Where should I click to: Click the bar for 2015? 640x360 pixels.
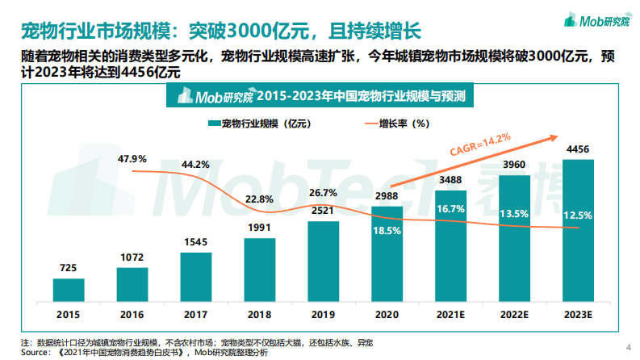68,289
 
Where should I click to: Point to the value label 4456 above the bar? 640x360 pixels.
578,149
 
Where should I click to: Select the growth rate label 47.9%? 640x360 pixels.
132,158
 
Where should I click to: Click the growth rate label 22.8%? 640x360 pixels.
259,199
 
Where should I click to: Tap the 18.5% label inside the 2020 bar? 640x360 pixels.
387,230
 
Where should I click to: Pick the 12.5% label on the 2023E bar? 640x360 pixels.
578,216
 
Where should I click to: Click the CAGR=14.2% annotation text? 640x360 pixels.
480,145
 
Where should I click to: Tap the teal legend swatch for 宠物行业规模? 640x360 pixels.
214,123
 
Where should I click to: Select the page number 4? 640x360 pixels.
629,348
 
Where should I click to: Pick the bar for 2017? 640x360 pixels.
195,276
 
